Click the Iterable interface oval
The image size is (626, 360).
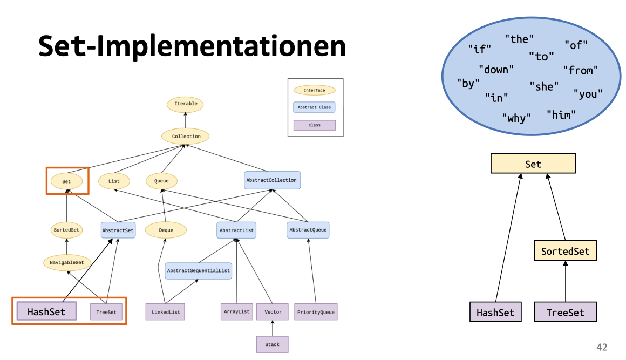point(186,104)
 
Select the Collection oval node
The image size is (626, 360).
point(186,137)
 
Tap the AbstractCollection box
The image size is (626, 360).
point(271,180)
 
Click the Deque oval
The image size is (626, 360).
point(166,230)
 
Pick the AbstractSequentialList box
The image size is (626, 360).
point(198,271)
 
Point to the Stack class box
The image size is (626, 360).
point(272,344)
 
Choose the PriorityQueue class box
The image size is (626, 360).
point(316,312)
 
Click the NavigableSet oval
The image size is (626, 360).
point(66,263)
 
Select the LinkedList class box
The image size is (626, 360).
point(165,312)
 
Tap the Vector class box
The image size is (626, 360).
point(273,312)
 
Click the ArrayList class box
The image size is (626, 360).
point(237,312)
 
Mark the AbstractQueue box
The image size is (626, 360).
point(308,230)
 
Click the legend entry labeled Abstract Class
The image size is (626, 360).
point(314,107)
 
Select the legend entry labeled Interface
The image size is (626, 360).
point(314,90)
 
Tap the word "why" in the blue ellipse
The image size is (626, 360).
point(516,118)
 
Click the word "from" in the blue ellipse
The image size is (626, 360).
point(581,70)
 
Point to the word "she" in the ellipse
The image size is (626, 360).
point(544,86)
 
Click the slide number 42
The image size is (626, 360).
point(602,348)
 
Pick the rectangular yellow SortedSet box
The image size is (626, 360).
point(566,251)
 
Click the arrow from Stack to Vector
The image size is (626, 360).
point(273,328)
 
